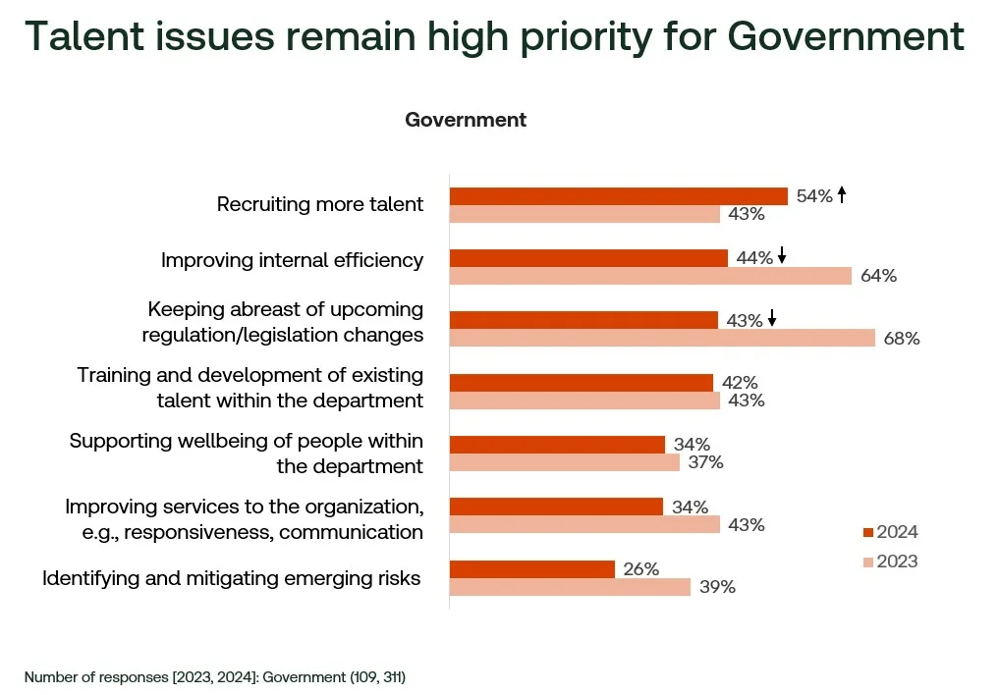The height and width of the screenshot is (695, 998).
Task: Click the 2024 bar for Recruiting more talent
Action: tap(619, 196)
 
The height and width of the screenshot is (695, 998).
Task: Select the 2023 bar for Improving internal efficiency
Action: tap(650, 276)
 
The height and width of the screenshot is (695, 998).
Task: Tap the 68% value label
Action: tap(902, 339)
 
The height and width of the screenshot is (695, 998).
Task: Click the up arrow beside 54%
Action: tap(842, 195)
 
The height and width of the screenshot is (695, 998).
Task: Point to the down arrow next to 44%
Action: tap(782, 257)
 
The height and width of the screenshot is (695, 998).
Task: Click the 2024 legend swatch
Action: tap(868, 532)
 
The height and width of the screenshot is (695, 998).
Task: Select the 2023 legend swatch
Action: tap(868, 561)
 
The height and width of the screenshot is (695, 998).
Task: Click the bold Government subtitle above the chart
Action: tap(466, 120)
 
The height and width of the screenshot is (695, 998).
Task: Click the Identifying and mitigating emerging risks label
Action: tap(231, 578)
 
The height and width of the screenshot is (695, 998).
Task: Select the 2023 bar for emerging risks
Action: tap(571, 587)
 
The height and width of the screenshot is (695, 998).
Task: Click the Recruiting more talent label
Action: tap(320, 204)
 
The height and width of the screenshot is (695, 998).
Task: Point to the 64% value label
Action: tap(878, 276)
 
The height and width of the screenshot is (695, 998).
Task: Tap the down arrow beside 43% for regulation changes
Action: tap(773, 319)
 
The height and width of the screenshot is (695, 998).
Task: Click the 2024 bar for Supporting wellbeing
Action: tap(557, 445)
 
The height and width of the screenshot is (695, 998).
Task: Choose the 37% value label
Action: tap(704, 462)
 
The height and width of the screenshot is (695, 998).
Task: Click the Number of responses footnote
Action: tap(215, 676)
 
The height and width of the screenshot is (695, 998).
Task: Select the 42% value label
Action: tap(738, 383)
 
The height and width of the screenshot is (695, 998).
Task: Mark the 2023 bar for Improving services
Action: tap(584, 524)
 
